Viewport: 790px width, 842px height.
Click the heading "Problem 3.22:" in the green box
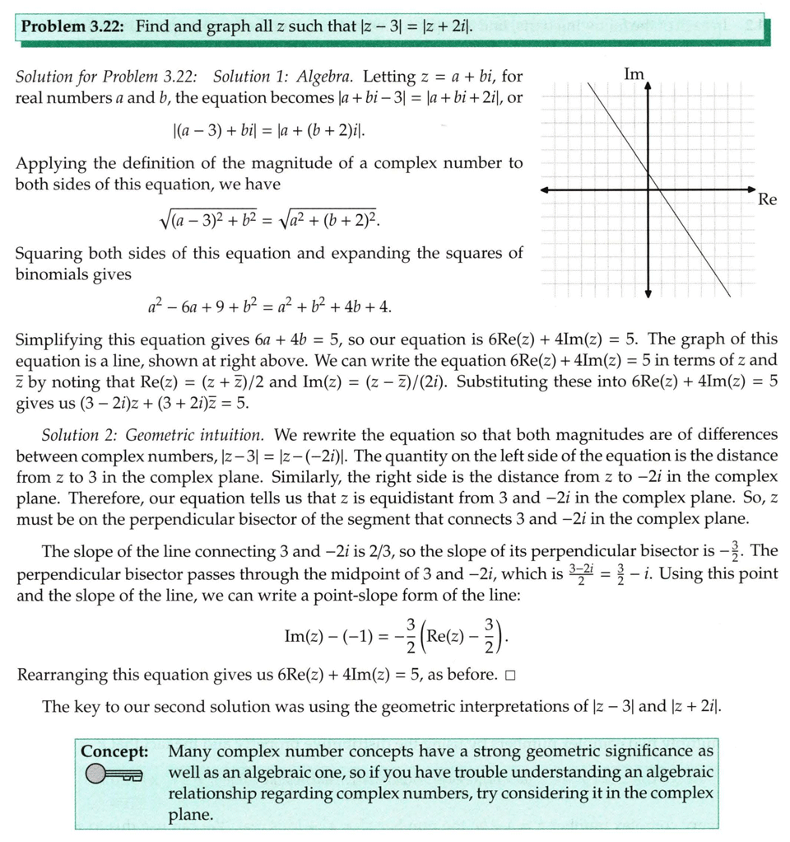pyautogui.click(x=72, y=26)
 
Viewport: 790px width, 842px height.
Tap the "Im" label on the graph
pyautogui.click(x=634, y=74)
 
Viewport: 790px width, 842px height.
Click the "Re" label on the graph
pyautogui.click(x=767, y=199)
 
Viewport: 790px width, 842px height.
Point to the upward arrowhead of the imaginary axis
pyautogui.click(x=648, y=88)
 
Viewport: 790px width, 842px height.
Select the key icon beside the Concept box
pyautogui.click(x=112, y=774)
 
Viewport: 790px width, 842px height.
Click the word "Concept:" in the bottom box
pyautogui.click(x=114, y=751)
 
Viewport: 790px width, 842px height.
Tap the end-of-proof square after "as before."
pyautogui.click(x=510, y=676)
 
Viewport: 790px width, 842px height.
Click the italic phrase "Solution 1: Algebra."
pyautogui.click(x=284, y=77)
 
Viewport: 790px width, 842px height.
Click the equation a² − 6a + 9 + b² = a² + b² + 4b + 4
pyautogui.click(x=269, y=307)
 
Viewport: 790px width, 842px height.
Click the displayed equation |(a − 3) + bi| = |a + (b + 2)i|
pyautogui.click(x=269, y=130)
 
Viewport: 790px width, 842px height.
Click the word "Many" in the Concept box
pyautogui.click(x=188, y=751)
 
